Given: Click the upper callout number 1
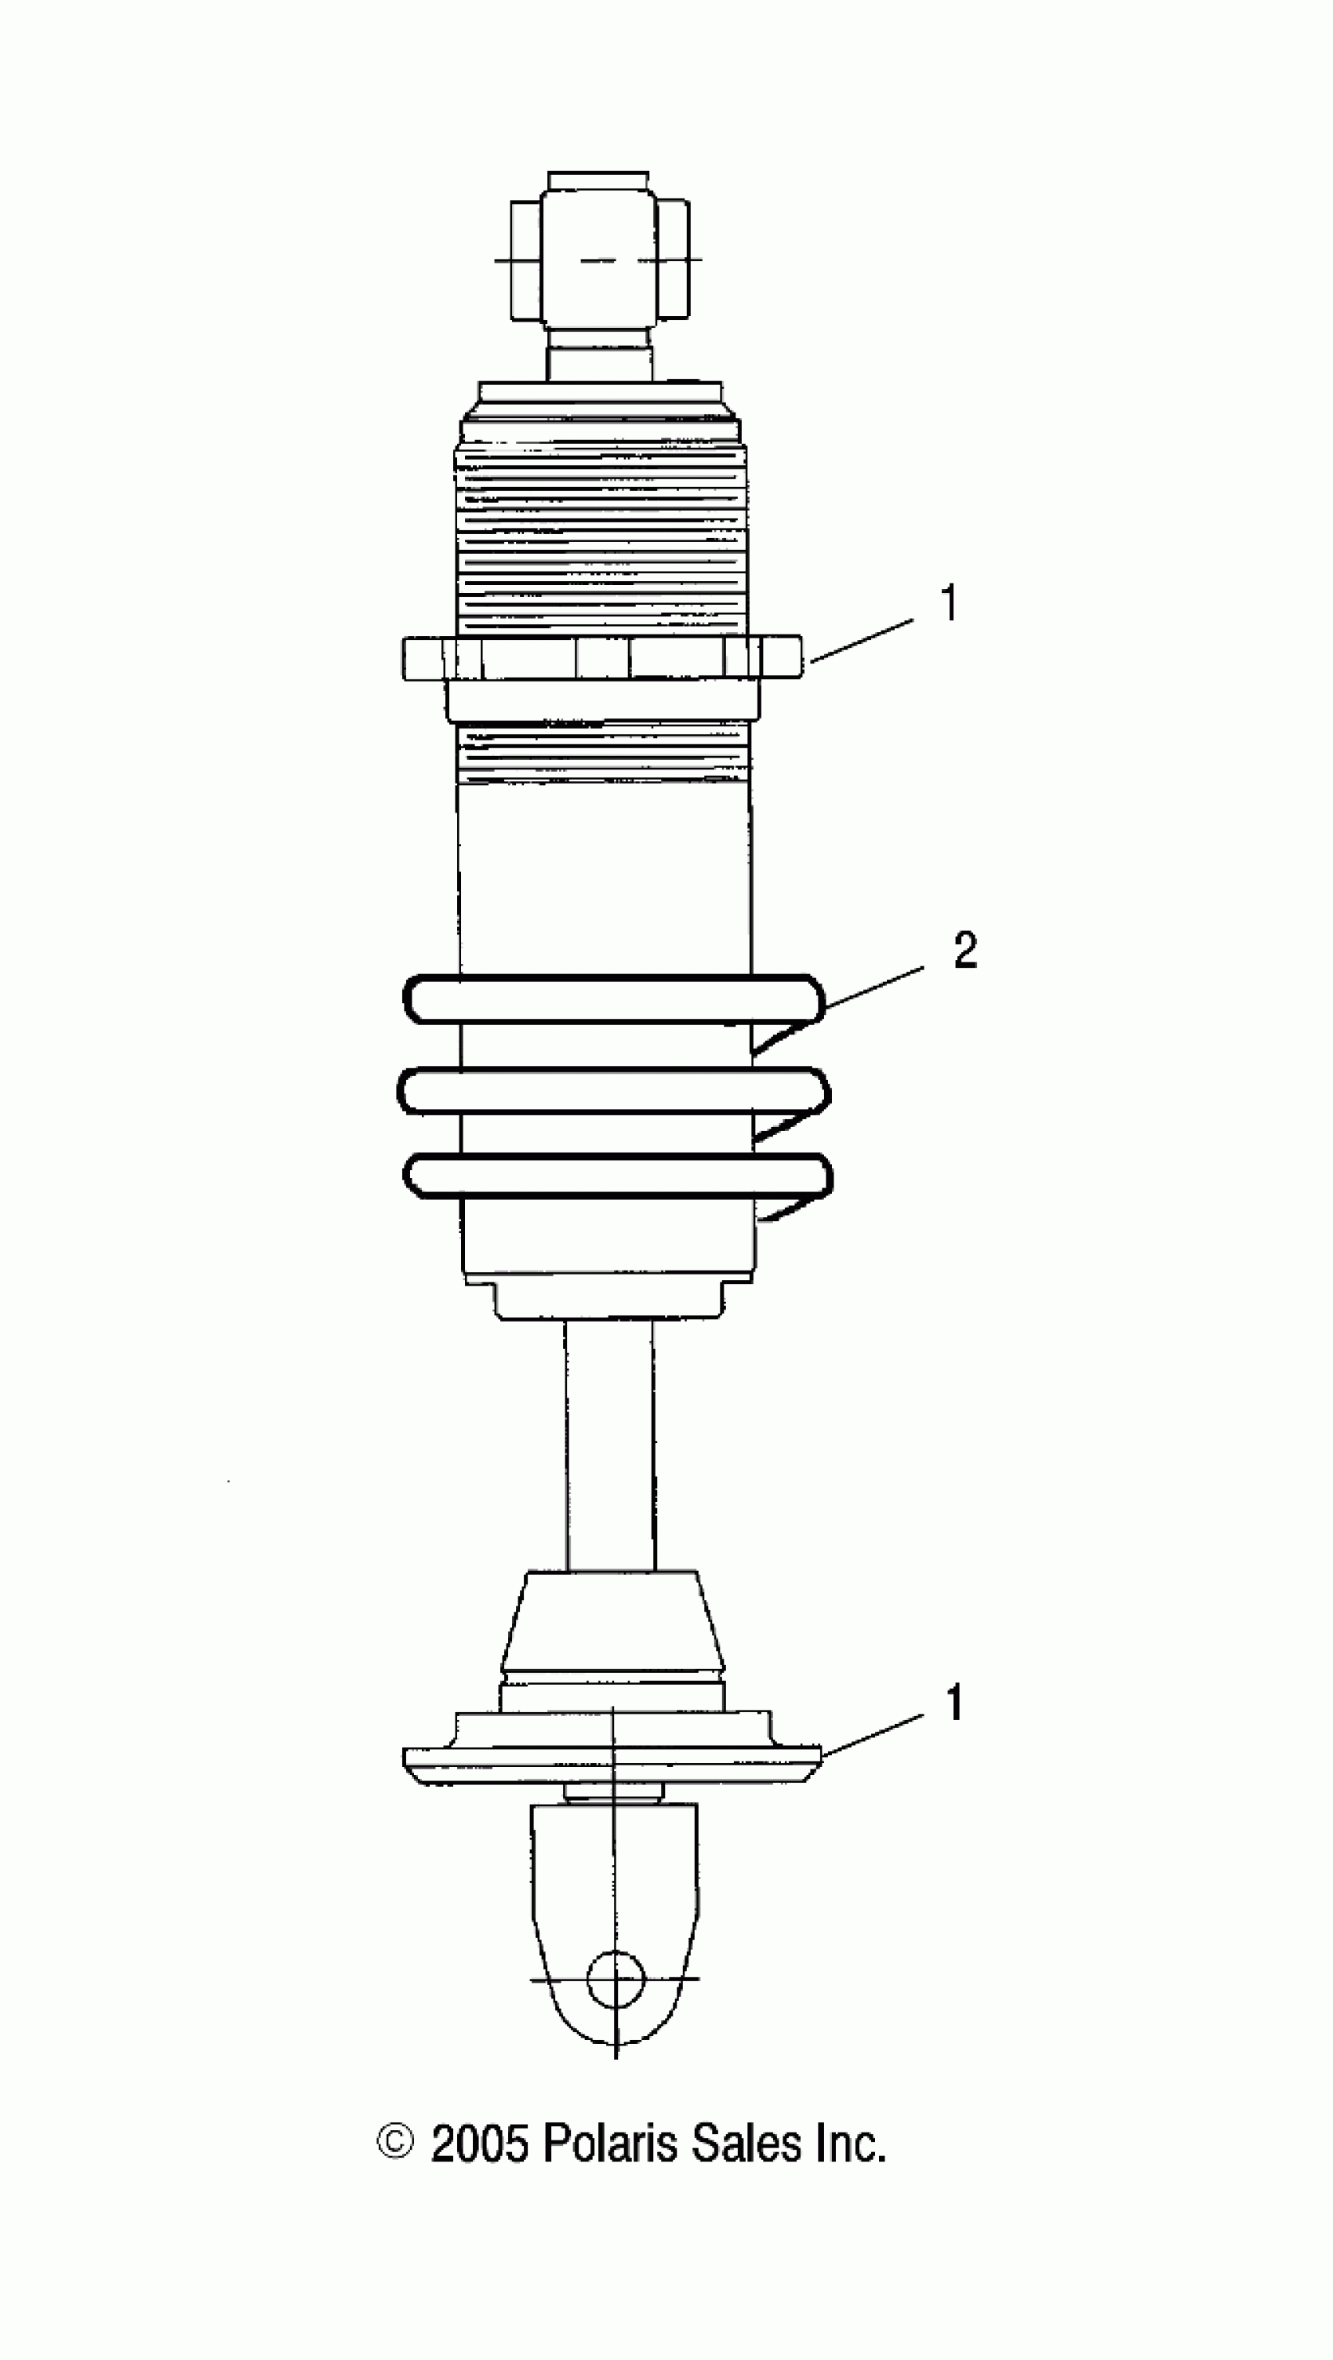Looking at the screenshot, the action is click(x=949, y=604).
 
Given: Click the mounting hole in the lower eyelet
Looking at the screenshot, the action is click(x=616, y=1979).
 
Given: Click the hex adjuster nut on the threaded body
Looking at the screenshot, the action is click(x=602, y=658).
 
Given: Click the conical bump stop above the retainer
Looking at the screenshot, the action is click(x=612, y=1622).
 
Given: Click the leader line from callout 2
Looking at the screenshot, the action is click(x=875, y=987).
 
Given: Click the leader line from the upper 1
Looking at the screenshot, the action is click(x=861, y=638).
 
